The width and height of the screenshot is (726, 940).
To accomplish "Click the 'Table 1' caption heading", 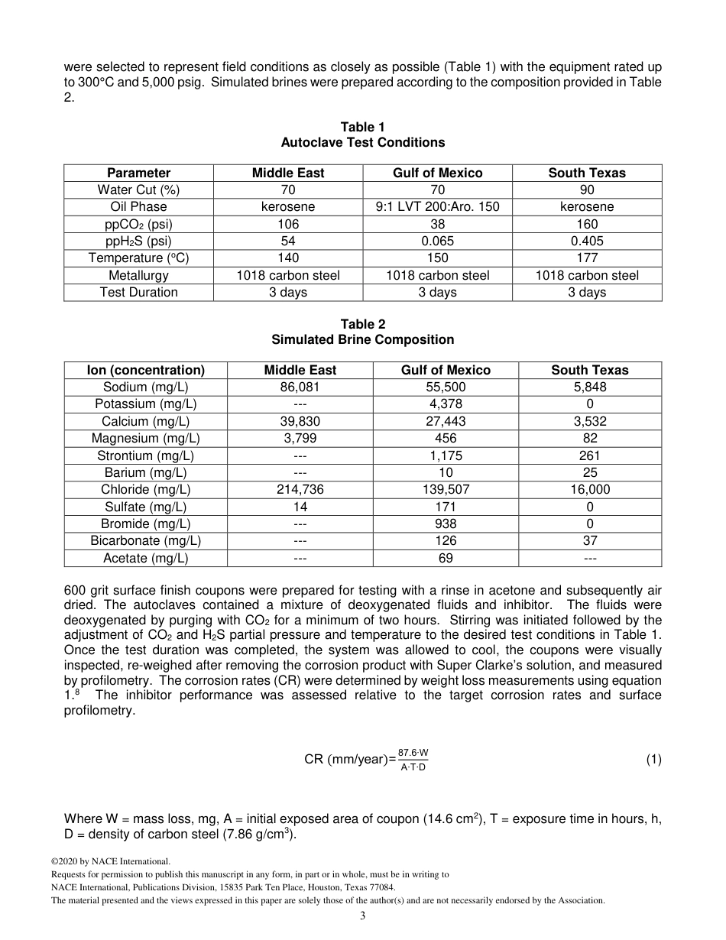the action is click(x=362, y=127).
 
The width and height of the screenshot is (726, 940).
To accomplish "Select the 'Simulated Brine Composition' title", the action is click(x=362, y=339).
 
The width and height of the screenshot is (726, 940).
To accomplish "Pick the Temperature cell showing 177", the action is click(x=587, y=258).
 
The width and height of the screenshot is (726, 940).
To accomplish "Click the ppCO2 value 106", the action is click(x=288, y=224).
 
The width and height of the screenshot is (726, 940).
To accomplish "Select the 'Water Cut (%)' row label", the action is click(x=138, y=190).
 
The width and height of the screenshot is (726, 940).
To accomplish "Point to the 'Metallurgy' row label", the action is click(x=138, y=275).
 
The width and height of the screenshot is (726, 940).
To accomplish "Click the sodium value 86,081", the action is click(x=300, y=387).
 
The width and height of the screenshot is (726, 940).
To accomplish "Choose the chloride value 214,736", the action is click(x=300, y=489).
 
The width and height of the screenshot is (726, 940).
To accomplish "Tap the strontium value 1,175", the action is click(x=446, y=455).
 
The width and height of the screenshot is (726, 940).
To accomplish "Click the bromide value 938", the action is click(x=446, y=523).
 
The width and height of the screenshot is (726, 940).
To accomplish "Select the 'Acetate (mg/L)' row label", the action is click(x=146, y=558).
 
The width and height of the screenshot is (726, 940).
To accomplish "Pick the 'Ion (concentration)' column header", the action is click(x=146, y=370).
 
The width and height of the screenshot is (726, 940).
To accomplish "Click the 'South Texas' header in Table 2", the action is click(x=589, y=370).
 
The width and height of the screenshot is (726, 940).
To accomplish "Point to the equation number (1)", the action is click(x=653, y=759).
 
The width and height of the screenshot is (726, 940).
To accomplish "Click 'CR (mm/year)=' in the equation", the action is click(x=350, y=760).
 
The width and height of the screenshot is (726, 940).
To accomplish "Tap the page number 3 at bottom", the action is click(x=363, y=916).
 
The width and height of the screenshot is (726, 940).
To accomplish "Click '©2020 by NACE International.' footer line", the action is click(x=105, y=861).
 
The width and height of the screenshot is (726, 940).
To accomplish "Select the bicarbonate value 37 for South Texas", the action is click(x=589, y=540).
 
